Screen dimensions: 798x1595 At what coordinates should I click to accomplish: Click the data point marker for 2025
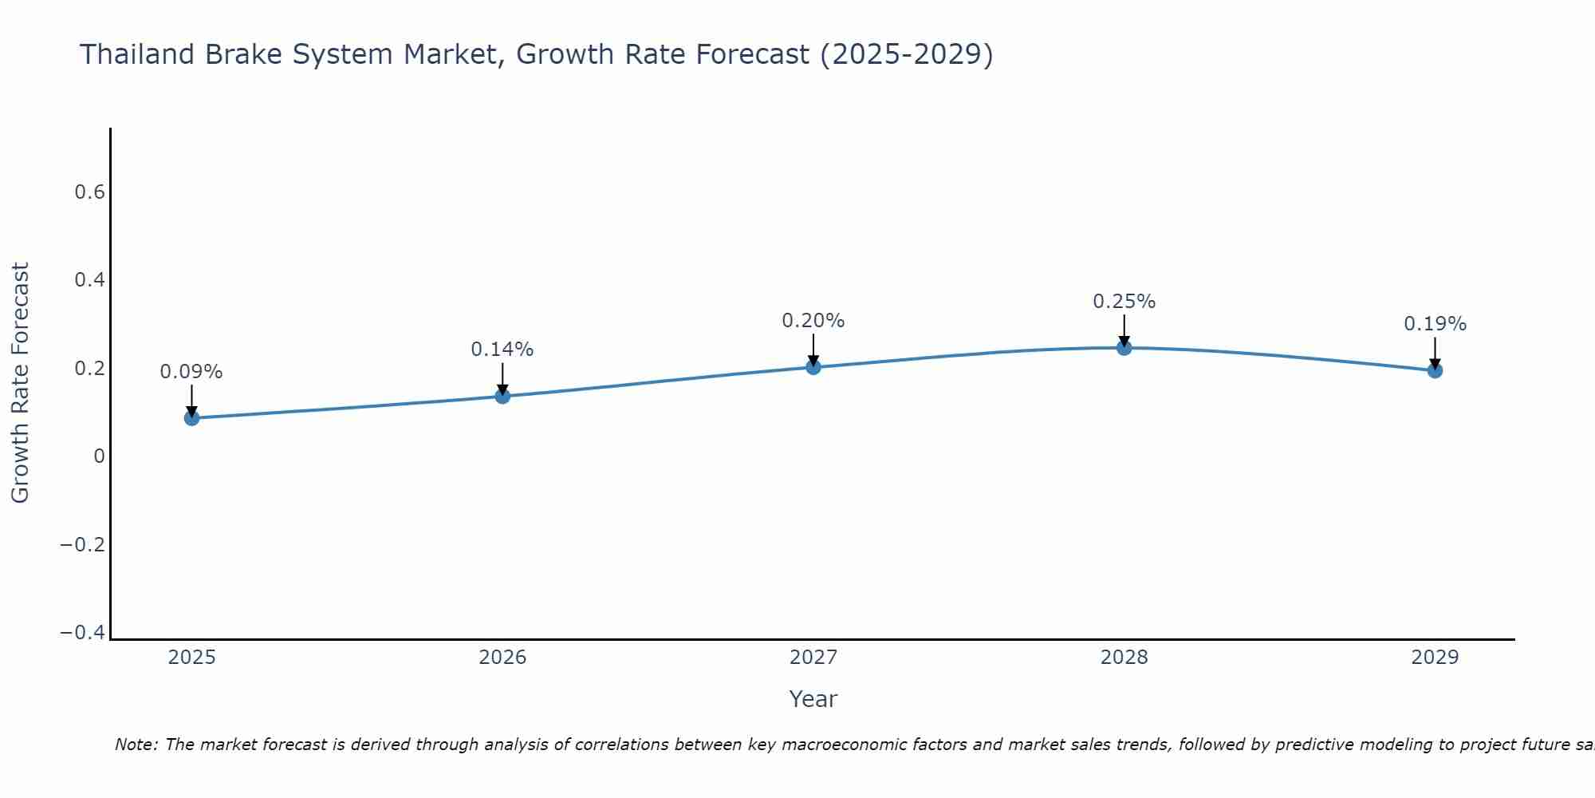coord(191,417)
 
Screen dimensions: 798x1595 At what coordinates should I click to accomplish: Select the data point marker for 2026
coord(502,396)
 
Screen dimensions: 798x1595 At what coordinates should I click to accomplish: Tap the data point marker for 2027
coord(813,367)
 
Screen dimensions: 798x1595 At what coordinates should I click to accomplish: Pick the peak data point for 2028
coord(1124,347)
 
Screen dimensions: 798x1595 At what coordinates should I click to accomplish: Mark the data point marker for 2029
coord(1435,370)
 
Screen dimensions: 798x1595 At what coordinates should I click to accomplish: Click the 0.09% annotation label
coord(191,372)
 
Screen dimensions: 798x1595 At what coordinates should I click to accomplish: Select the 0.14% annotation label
coord(502,350)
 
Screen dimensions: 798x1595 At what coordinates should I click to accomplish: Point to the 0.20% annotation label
coord(813,321)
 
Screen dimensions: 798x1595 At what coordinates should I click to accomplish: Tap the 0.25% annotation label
coord(1124,302)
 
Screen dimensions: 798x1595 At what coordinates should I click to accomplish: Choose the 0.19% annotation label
coord(1435,324)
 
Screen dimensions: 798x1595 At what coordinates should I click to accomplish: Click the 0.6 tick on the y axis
coord(89,192)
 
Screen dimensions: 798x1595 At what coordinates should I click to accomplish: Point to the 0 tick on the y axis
coord(100,456)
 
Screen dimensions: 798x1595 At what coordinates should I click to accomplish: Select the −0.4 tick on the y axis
coord(82,633)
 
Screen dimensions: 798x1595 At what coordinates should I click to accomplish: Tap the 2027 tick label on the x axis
coord(813,658)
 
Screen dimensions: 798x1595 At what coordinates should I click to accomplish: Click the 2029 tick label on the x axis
coord(1435,658)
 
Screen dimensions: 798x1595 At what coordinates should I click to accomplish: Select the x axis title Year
coord(813,700)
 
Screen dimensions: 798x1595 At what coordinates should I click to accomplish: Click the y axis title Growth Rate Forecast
coord(20,383)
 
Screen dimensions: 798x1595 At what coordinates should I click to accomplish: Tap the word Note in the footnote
coord(136,745)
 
